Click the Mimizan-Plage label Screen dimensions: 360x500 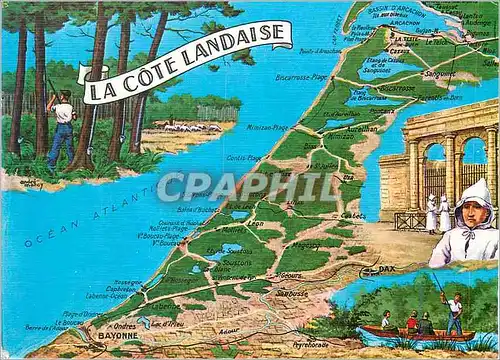pyautogui.click(x=268, y=128)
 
